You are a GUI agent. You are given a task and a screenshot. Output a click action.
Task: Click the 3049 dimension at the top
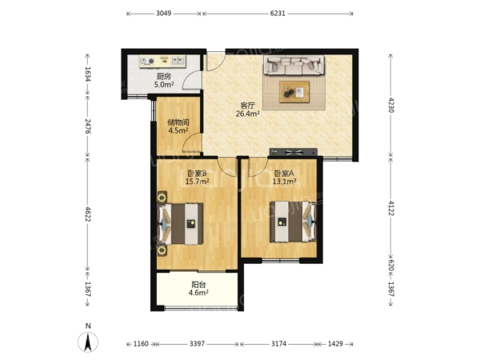tap(164, 14)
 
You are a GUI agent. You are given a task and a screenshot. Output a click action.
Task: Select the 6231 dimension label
tap(278, 14)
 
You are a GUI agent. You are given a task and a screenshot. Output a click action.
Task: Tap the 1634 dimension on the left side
tap(88, 74)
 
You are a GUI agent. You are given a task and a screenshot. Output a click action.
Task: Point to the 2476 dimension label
tap(88, 126)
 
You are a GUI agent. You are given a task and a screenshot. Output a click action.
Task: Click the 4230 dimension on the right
tap(390, 105)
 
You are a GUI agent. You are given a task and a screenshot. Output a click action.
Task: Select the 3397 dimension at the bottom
tap(197, 344)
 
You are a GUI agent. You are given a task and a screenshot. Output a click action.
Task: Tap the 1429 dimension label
tap(335, 344)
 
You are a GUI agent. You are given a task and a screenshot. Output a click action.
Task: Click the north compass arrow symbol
tap(88, 342)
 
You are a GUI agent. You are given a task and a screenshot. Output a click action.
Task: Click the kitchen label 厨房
tap(164, 76)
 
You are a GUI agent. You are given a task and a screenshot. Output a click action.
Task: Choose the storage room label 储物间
tap(178, 122)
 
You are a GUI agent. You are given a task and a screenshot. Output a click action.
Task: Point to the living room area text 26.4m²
tap(248, 114)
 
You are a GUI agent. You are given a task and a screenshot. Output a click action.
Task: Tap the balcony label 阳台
tap(198, 285)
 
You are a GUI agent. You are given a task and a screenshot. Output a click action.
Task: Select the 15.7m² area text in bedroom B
tap(197, 182)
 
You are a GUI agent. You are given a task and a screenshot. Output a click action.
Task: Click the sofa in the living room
tap(294, 65)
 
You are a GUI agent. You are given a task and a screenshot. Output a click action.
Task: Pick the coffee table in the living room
tap(294, 92)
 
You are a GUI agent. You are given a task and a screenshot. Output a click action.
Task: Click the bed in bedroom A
tap(293, 222)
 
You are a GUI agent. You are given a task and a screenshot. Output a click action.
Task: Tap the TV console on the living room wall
tap(294, 152)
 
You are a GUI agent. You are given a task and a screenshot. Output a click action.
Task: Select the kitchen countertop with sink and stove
tap(162, 62)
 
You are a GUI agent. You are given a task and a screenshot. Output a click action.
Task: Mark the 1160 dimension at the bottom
tap(141, 344)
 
